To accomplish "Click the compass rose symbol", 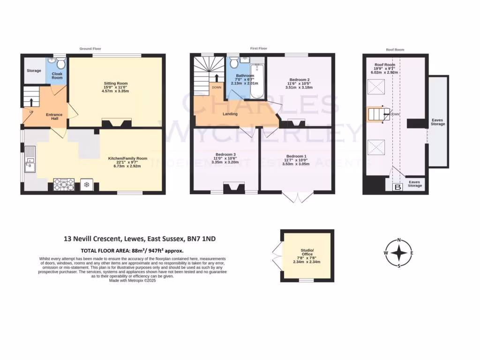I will pos(398,253).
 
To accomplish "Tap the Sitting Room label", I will pos(116,83).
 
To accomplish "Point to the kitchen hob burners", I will pos(64,184).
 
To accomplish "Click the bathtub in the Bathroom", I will pos(257,82).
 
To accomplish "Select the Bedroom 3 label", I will pos(225,155).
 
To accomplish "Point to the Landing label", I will pos(230,114).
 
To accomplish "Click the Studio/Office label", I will pos(307,252).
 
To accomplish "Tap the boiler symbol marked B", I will pos(398,187).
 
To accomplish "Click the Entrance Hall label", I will pos(54,117).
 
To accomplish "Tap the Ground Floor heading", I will pos(91,49).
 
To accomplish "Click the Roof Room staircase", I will pos(377,114).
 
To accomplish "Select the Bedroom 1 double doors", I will pos(295,197).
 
